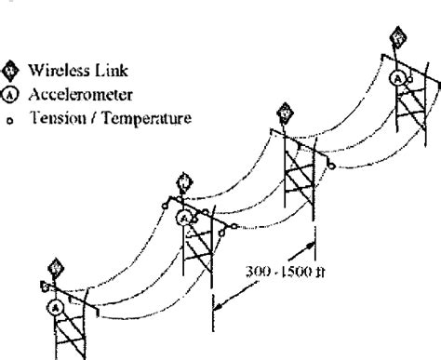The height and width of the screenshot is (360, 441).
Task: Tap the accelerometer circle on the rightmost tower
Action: tap(397, 79)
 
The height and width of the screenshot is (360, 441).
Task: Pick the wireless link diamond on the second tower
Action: tap(183, 177)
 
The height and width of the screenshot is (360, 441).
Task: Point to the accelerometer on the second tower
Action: tap(185, 218)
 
